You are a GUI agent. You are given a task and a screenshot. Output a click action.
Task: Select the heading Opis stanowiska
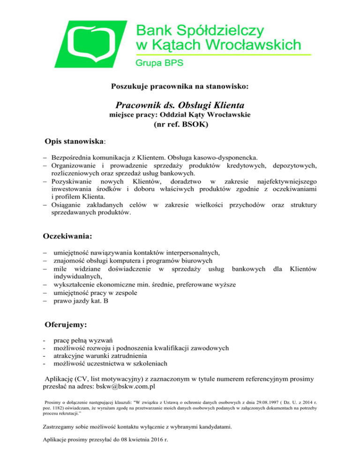pos(75,141)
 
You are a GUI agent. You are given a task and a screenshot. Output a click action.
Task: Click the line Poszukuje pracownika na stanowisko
pos(180,86)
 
